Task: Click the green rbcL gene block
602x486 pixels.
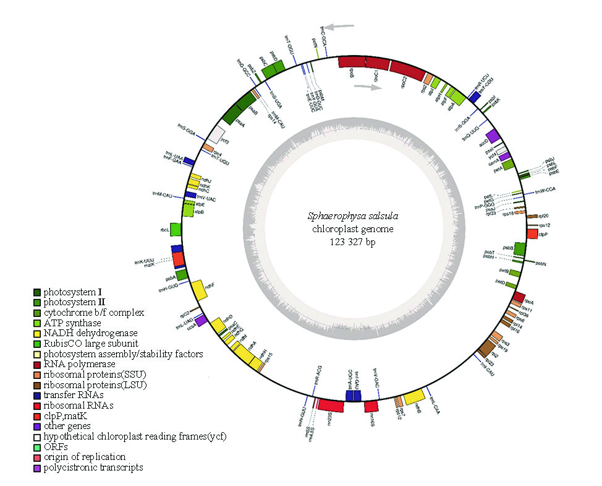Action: (x=176, y=229)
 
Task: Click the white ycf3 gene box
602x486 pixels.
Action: (x=216, y=133)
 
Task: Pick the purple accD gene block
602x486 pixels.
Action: (x=493, y=136)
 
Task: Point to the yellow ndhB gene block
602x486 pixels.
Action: (x=414, y=396)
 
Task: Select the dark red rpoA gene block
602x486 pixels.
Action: (x=519, y=297)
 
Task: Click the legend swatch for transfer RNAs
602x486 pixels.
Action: (x=38, y=394)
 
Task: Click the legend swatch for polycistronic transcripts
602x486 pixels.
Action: (x=38, y=467)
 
